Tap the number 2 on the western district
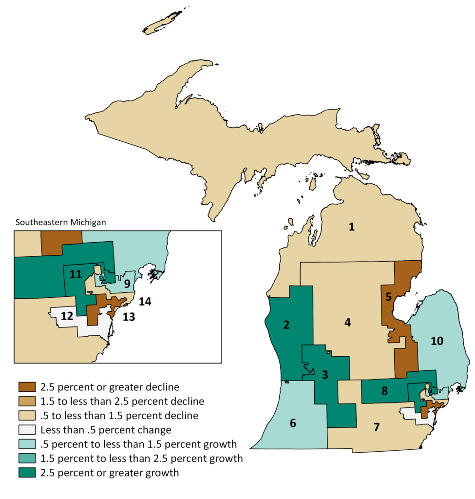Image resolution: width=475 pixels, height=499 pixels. (x=287, y=325)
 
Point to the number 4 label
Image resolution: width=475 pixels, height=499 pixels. (x=347, y=322)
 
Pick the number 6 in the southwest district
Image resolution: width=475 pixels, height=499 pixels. (x=293, y=423)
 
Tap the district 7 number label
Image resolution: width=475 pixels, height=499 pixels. (x=377, y=427)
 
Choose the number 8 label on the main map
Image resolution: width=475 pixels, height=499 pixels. (x=384, y=390)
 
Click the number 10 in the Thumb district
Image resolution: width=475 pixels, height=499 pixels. (x=437, y=341)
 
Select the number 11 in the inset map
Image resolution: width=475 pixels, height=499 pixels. (x=75, y=274)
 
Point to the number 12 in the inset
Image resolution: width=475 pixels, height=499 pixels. (x=67, y=316)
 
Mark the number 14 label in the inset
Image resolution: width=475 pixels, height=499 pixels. (x=145, y=302)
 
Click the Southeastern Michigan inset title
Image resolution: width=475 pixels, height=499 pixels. (x=61, y=222)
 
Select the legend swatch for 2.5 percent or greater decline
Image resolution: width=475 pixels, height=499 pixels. (x=27, y=387)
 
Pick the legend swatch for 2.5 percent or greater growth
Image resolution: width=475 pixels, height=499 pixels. (x=27, y=473)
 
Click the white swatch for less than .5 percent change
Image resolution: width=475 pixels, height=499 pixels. (x=27, y=430)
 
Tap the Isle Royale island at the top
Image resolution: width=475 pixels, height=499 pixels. (x=161, y=23)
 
